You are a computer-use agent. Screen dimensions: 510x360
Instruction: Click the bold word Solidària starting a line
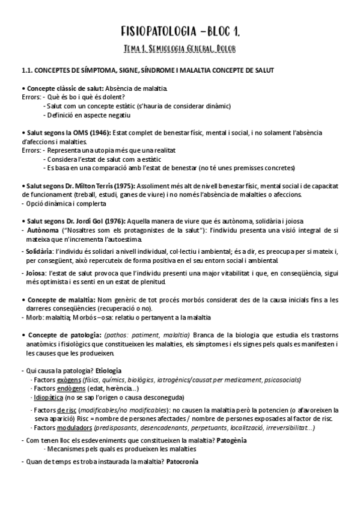pos(40,250)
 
